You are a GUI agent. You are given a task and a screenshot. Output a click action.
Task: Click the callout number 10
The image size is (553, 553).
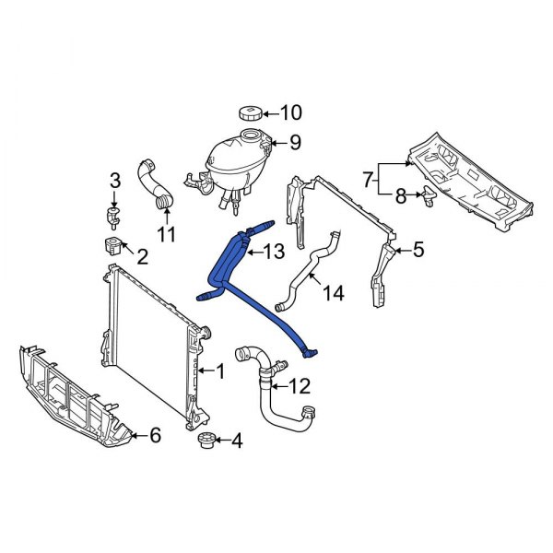290,114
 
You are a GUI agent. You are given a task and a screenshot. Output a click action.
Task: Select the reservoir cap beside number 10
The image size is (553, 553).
250,114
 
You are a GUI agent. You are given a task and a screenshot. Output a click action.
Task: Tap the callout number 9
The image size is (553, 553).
295,143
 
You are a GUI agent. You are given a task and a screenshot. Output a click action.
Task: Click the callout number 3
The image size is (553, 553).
115,179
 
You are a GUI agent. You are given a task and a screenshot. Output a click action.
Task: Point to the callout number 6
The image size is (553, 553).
155,435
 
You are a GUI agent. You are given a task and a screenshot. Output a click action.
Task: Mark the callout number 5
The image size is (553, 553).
418,249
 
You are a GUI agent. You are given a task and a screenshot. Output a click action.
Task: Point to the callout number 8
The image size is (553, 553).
400,194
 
